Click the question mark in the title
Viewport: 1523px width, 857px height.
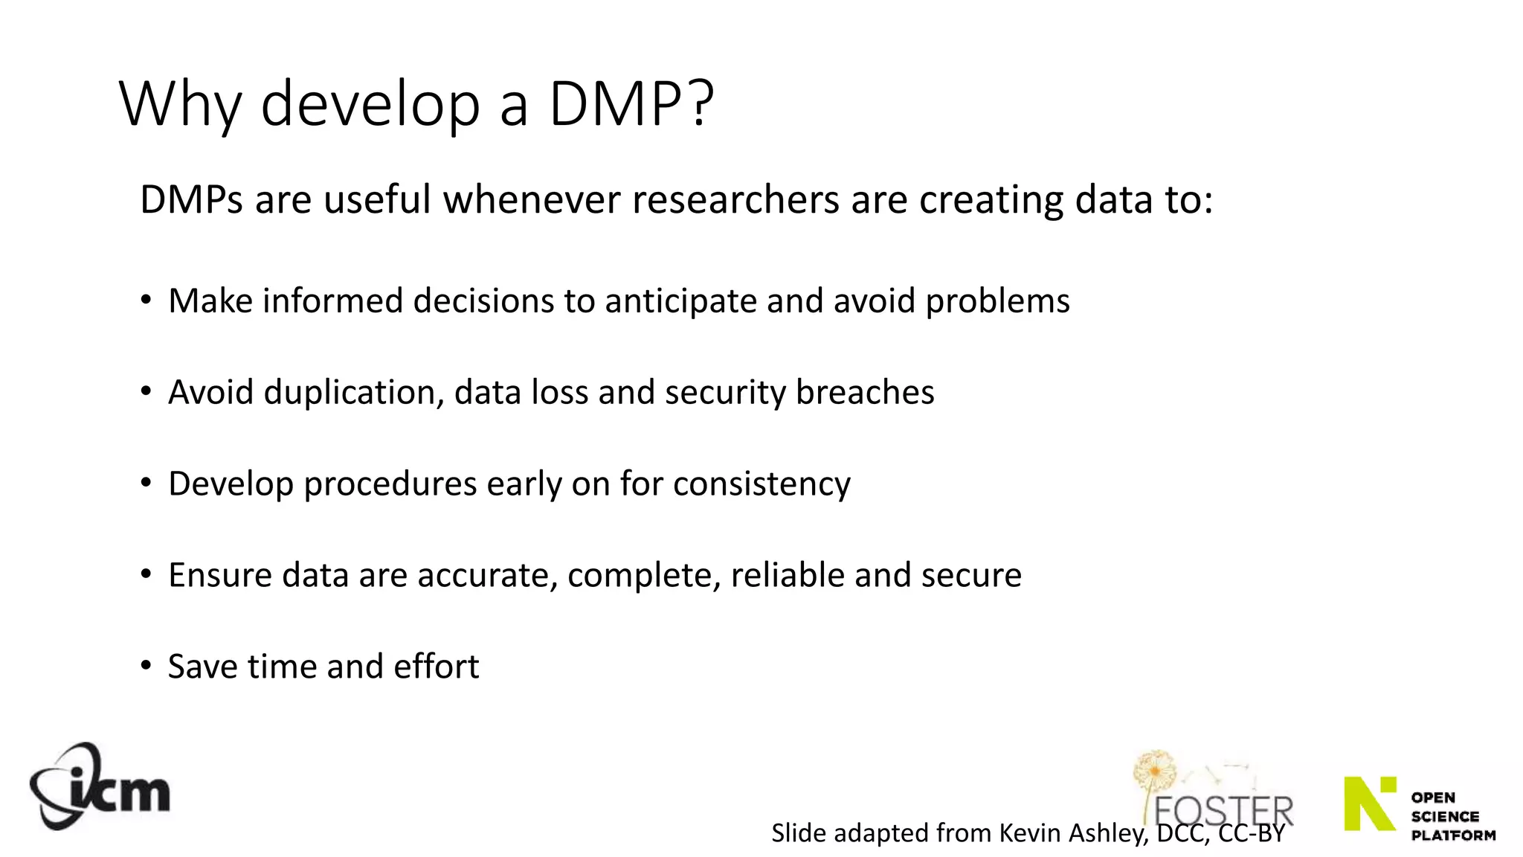click(701, 103)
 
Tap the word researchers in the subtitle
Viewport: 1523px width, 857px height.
click(735, 200)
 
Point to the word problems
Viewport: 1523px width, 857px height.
click(997, 301)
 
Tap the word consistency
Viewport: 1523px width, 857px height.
click(761, 484)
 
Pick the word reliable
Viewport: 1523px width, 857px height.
click(788, 576)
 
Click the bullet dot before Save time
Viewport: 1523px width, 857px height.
click(146, 665)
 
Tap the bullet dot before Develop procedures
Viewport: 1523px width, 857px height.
click(146, 482)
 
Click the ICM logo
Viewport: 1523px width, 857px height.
click(100, 787)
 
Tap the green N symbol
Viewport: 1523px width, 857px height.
click(1370, 803)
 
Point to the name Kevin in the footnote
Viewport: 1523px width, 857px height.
click(1030, 833)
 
